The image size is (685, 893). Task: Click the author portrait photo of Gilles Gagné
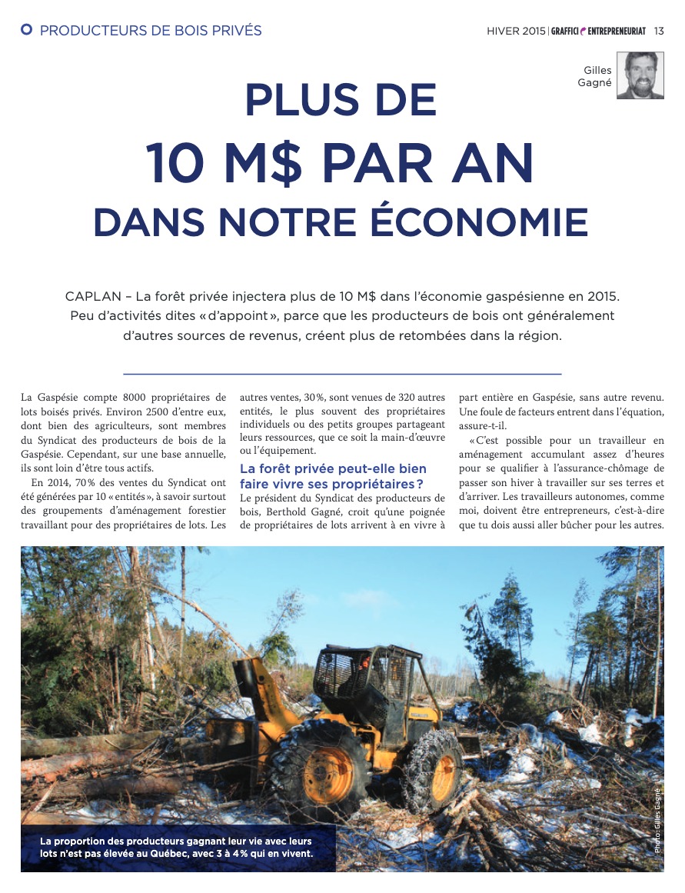pos(640,75)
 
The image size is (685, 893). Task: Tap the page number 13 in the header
pos(659,31)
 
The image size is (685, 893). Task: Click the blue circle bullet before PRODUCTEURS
pos(27,30)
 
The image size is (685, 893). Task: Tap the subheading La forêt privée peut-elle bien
pos(333,468)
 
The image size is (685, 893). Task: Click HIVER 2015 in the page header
pos(515,31)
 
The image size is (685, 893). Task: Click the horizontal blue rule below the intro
pos(342,374)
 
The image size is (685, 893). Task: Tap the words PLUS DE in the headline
pos(341,101)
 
